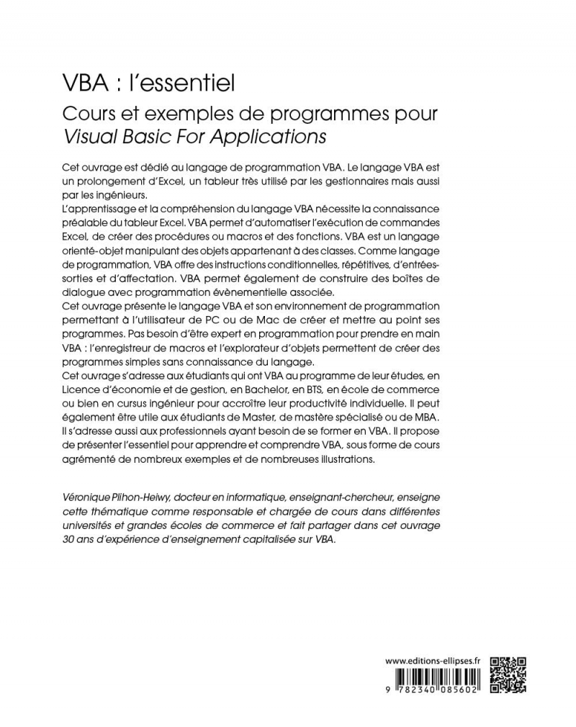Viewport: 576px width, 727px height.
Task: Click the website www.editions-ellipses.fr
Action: click(433, 661)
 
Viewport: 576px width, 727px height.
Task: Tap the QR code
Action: click(508, 674)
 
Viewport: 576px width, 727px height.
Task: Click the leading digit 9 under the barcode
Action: click(388, 688)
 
